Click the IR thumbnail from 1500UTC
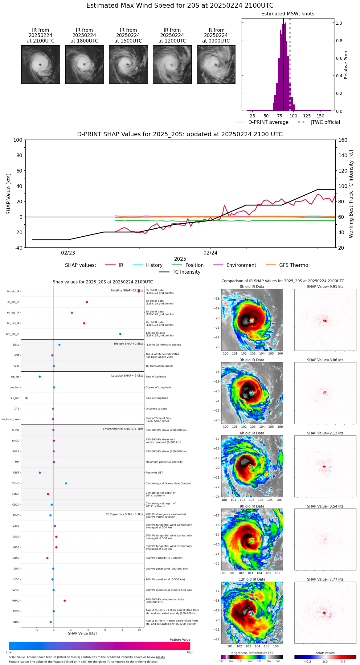pyautogui.click(x=128, y=64)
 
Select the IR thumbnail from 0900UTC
pyautogui.click(x=216, y=64)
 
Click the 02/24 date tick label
pyautogui.click(x=211, y=253)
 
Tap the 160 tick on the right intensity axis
pyautogui.click(x=343, y=140)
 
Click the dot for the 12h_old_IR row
pyautogui.click(x=120, y=334)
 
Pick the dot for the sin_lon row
pyautogui.click(x=27, y=398)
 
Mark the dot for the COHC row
pyautogui.click(x=66, y=483)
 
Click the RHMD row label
pyautogui.click(x=15, y=601)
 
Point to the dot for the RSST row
pyautogui.click(x=40, y=473)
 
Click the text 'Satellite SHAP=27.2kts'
pyautogui.click(x=127, y=291)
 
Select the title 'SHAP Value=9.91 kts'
pyautogui.click(x=325, y=287)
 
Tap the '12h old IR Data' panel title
pyautogui.click(x=252, y=580)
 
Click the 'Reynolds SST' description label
pyautogui.click(x=154, y=473)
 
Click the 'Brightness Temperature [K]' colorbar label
pyautogui.click(x=252, y=653)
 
